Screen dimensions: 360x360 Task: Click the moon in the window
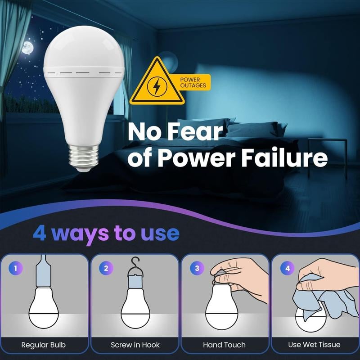point(28,47)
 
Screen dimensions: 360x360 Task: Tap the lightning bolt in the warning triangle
point(157,86)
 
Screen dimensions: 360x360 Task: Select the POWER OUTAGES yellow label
point(193,82)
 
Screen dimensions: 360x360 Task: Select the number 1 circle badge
point(16,269)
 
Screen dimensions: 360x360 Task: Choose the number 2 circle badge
point(106,269)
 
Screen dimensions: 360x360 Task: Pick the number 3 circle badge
point(196,269)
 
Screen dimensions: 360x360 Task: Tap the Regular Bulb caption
point(44,345)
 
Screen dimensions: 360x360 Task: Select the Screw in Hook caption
point(135,345)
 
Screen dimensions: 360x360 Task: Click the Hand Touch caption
point(225,345)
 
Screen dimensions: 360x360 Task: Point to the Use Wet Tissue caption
point(314,345)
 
